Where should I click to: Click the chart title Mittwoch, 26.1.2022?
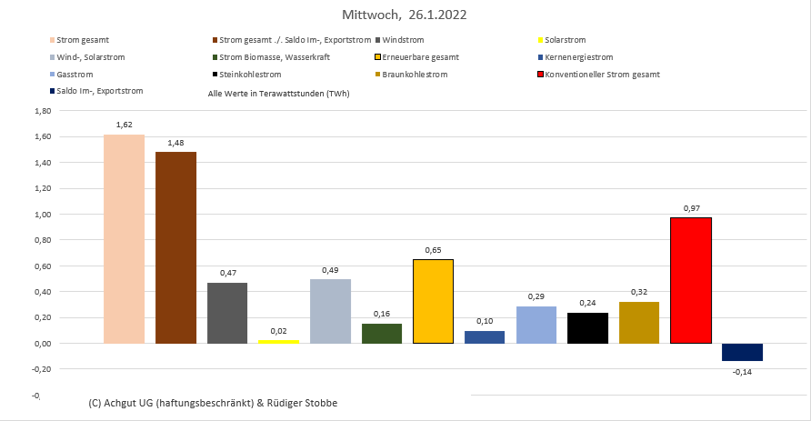click(x=405, y=15)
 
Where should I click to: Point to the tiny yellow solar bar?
click(x=278, y=341)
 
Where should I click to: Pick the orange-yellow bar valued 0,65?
click(x=433, y=301)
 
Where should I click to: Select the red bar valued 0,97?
click(x=690, y=280)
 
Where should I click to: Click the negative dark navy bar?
click(x=742, y=352)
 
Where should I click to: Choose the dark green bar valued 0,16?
click(x=382, y=333)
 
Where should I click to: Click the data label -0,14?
click(x=743, y=371)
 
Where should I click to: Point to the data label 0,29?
click(x=536, y=297)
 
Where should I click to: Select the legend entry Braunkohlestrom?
click(x=415, y=74)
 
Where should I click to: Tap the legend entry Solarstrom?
click(x=565, y=41)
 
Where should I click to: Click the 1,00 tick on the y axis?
click(x=42, y=215)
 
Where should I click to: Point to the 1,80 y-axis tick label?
click(x=42, y=111)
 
